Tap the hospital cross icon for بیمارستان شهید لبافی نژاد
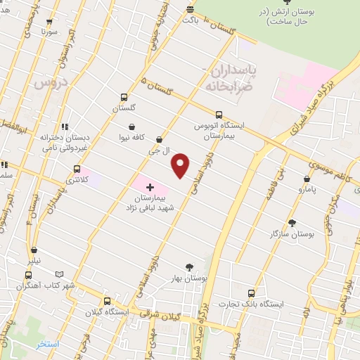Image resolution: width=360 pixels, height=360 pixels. pos(150,187)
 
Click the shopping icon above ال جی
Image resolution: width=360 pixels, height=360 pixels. pos(160,140)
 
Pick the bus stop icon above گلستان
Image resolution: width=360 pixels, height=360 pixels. pos(124,98)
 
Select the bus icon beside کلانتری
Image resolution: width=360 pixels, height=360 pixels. pos(77,169)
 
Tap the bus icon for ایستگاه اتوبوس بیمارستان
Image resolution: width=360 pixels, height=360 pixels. pos(219,115)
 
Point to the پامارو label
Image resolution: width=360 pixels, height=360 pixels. pos(306,191)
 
